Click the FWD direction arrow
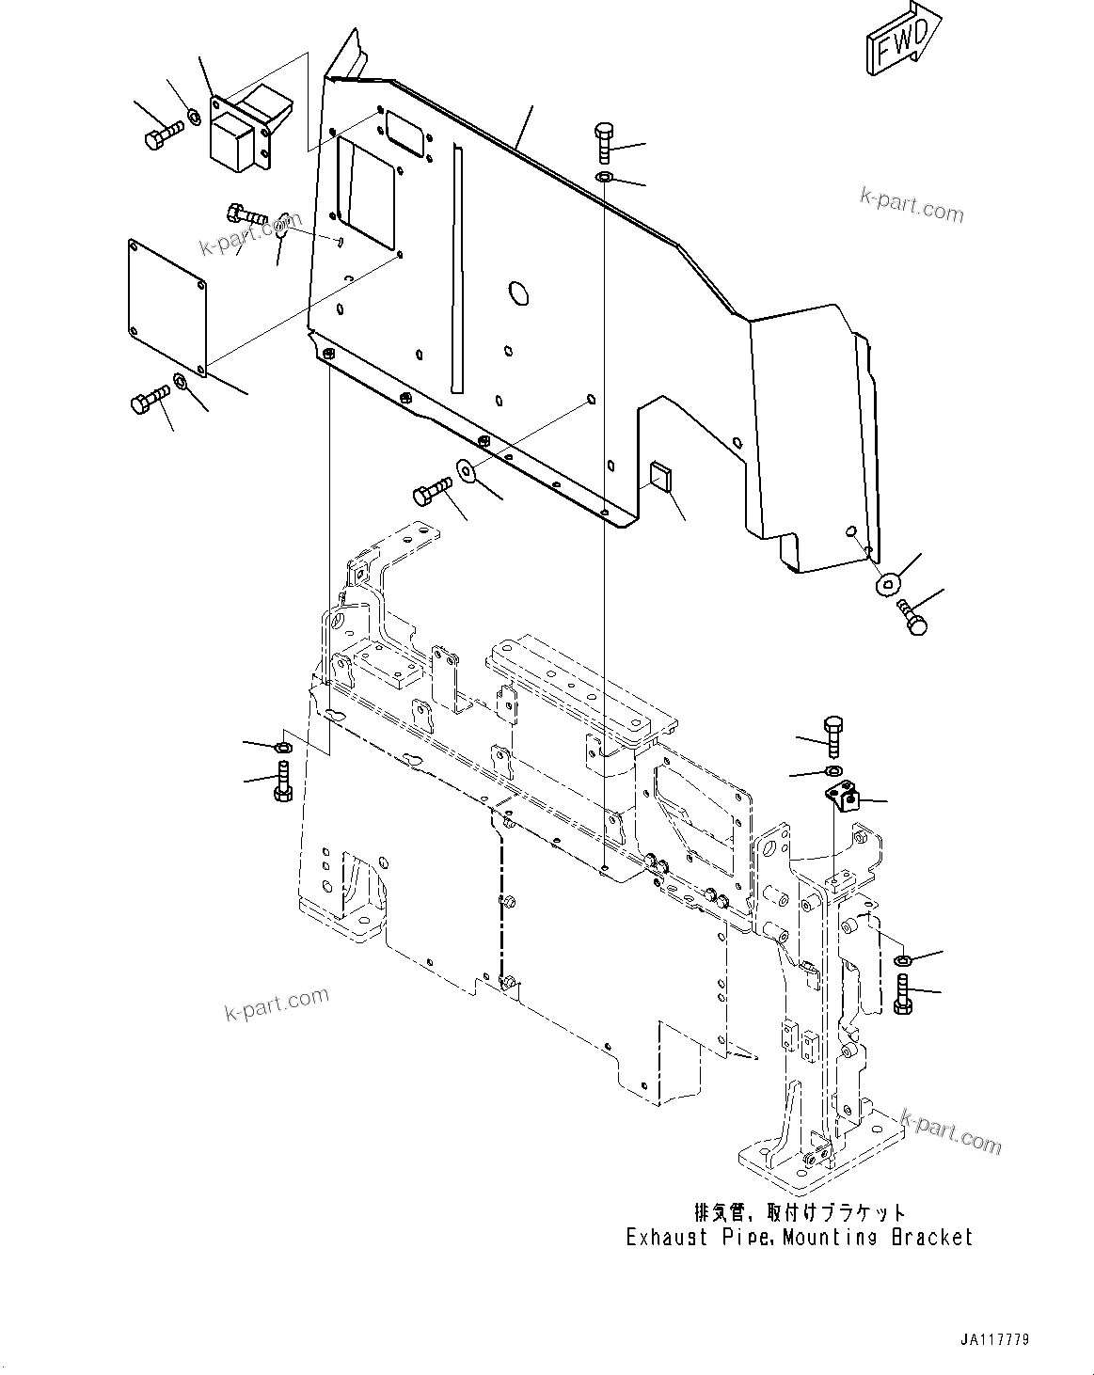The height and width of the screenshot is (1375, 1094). [x=901, y=39]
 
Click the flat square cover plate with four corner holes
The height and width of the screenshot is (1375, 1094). [x=166, y=302]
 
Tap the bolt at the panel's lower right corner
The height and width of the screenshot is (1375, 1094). [x=913, y=616]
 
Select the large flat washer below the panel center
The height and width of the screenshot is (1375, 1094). [x=466, y=469]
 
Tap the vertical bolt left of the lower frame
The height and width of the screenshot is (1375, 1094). [x=283, y=782]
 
